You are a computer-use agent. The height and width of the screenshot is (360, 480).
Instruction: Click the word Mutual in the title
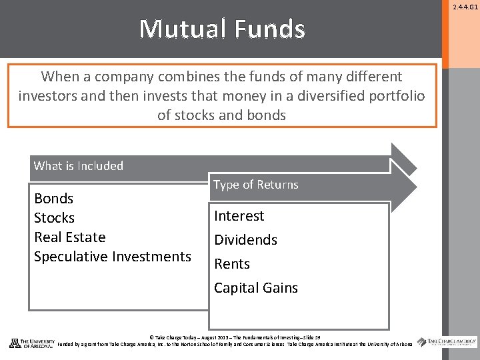pos(178,29)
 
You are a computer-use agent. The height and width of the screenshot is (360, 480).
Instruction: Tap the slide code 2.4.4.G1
pos(466,7)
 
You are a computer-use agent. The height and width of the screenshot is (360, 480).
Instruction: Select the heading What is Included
pos(78,166)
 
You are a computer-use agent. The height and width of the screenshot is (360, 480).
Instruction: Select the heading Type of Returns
pos(256,185)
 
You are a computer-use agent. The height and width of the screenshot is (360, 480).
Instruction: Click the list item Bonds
pos(53,199)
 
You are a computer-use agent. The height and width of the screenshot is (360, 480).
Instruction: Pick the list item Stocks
pos(54,218)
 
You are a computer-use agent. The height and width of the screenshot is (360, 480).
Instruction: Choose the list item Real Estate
pos(69,237)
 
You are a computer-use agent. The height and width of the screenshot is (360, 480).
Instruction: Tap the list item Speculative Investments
pos(112,257)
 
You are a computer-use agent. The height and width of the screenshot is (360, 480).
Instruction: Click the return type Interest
pos(239,216)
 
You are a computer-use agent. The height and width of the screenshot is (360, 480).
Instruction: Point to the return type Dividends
pos(245,240)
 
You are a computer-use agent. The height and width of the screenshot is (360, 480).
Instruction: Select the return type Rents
pos(231,264)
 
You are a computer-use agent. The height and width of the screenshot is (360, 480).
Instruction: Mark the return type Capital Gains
pos(255,288)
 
